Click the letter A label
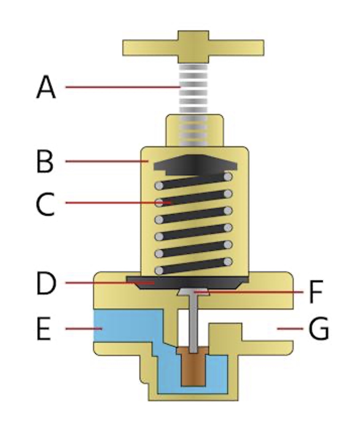pos(46,88)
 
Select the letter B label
pos(45,161)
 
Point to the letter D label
pos(46,284)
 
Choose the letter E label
pos(44,329)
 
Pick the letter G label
pos(319,329)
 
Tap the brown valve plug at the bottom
pos(193,368)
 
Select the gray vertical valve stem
pos(193,323)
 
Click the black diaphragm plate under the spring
pos(187,282)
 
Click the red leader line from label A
pos(122,87)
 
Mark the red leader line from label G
pos(290,328)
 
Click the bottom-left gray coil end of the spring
pos(159,270)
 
